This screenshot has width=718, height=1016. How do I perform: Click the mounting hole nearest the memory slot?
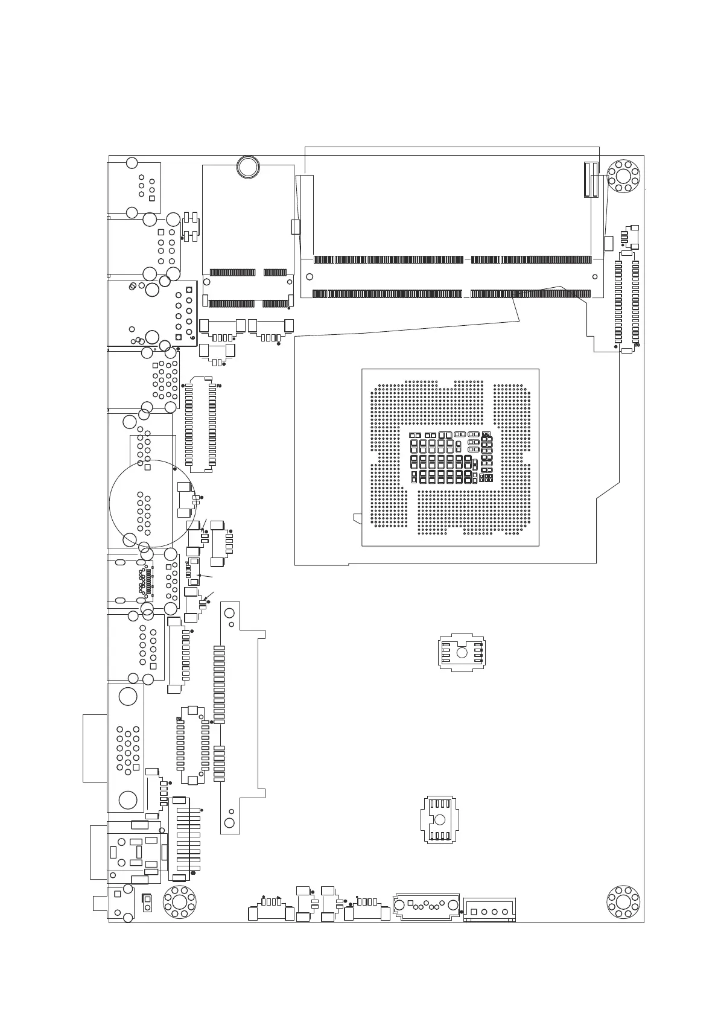coord(623,176)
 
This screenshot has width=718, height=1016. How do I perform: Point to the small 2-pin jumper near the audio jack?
coord(146,904)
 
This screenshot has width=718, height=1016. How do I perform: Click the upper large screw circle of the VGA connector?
coord(128,697)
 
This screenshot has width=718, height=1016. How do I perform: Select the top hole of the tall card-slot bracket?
coord(229,614)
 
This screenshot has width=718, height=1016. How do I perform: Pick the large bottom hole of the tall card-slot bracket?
coord(229,822)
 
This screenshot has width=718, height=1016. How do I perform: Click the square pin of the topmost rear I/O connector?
coord(151,198)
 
